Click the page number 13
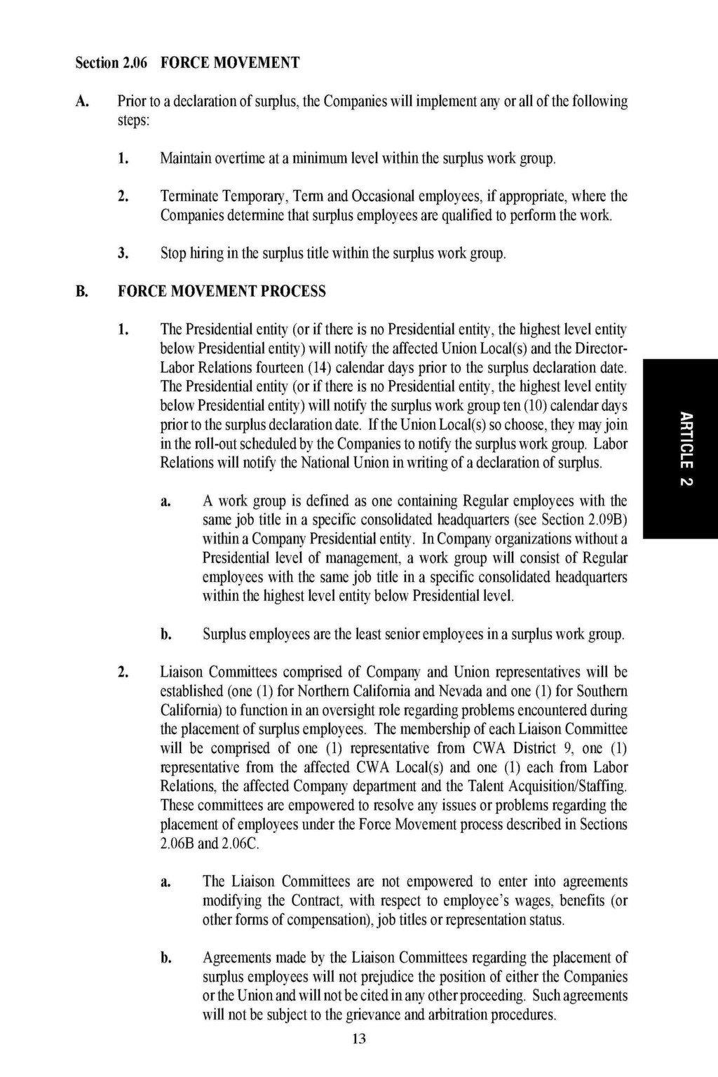point(359,1038)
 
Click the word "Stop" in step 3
point(173,253)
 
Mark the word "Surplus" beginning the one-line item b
point(224,635)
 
